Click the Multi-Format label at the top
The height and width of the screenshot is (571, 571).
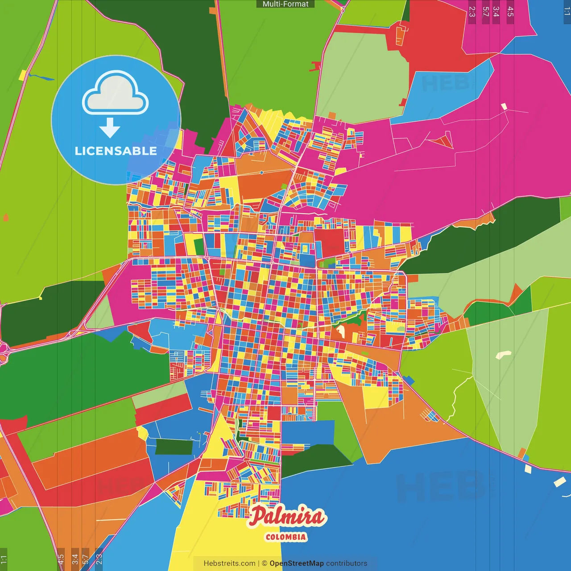tap(285, 4)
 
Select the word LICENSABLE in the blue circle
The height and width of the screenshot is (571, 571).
tap(116, 151)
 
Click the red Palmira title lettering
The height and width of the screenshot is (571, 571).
tap(287, 517)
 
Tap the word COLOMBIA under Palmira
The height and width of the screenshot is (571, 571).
tap(286, 537)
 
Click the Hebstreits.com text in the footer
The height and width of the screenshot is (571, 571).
tap(229, 563)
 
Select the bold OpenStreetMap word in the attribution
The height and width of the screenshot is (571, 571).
tap(296, 563)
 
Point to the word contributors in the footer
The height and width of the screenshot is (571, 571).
tap(347, 563)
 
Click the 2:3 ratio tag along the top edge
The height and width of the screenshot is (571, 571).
tap(472, 12)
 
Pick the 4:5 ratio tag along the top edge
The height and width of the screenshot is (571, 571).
tap(510, 12)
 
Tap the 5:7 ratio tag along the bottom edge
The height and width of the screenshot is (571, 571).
tap(86, 559)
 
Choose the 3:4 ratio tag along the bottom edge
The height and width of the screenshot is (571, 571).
tap(75, 559)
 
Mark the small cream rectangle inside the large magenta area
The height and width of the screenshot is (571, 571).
tap(504, 107)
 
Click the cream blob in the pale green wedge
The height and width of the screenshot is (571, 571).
tap(503, 355)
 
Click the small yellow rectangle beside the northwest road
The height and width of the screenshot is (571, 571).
tap(22, 75)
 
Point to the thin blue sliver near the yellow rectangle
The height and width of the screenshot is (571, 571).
tap(41, 78)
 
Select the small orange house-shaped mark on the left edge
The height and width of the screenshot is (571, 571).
tap(6, 217)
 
